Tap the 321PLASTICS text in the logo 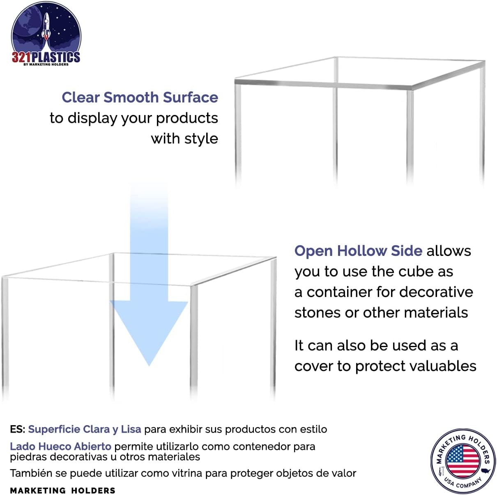click(46, 57)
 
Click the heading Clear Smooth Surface click(140, 97)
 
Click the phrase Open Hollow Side click(358, 251)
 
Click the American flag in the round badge click(463, 461)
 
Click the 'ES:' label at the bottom click(18, 429)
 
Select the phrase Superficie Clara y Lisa click(85, 430)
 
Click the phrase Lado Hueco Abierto click(61, 446)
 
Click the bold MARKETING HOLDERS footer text click(63, 490)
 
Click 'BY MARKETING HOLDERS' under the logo click(46, 64)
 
